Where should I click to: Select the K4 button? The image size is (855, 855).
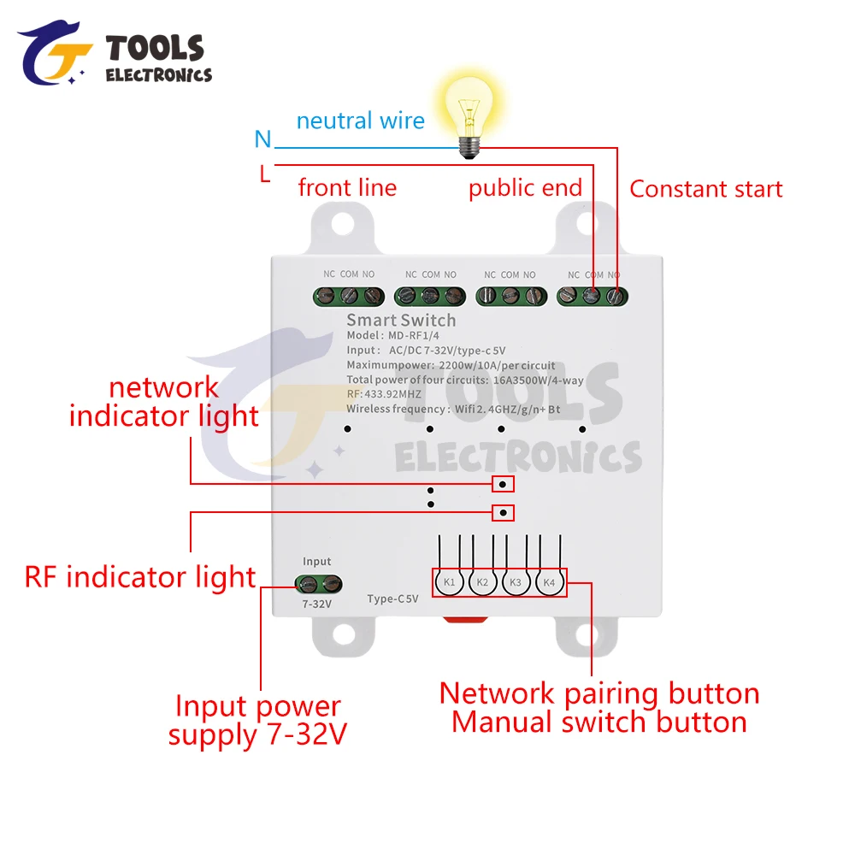(549, 582)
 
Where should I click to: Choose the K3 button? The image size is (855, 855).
(516, 582)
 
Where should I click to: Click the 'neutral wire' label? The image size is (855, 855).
(360, 121)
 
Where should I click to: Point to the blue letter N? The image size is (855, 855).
(262, 139)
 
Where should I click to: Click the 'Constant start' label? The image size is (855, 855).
(705, 189)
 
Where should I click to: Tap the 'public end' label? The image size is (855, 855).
(524, 188)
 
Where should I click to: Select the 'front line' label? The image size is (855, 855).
(347, 187)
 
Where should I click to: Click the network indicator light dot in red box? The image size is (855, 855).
(504, 485)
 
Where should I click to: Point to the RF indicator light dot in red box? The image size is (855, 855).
(504, 513)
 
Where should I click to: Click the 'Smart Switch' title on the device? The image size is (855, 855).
(401, 321)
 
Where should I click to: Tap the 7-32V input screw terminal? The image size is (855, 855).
(318, 585)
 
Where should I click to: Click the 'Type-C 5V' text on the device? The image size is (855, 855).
(392, 598)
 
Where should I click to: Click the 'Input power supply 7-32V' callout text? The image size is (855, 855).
(257, 720)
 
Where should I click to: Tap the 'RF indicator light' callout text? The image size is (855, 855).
(140, 577)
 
